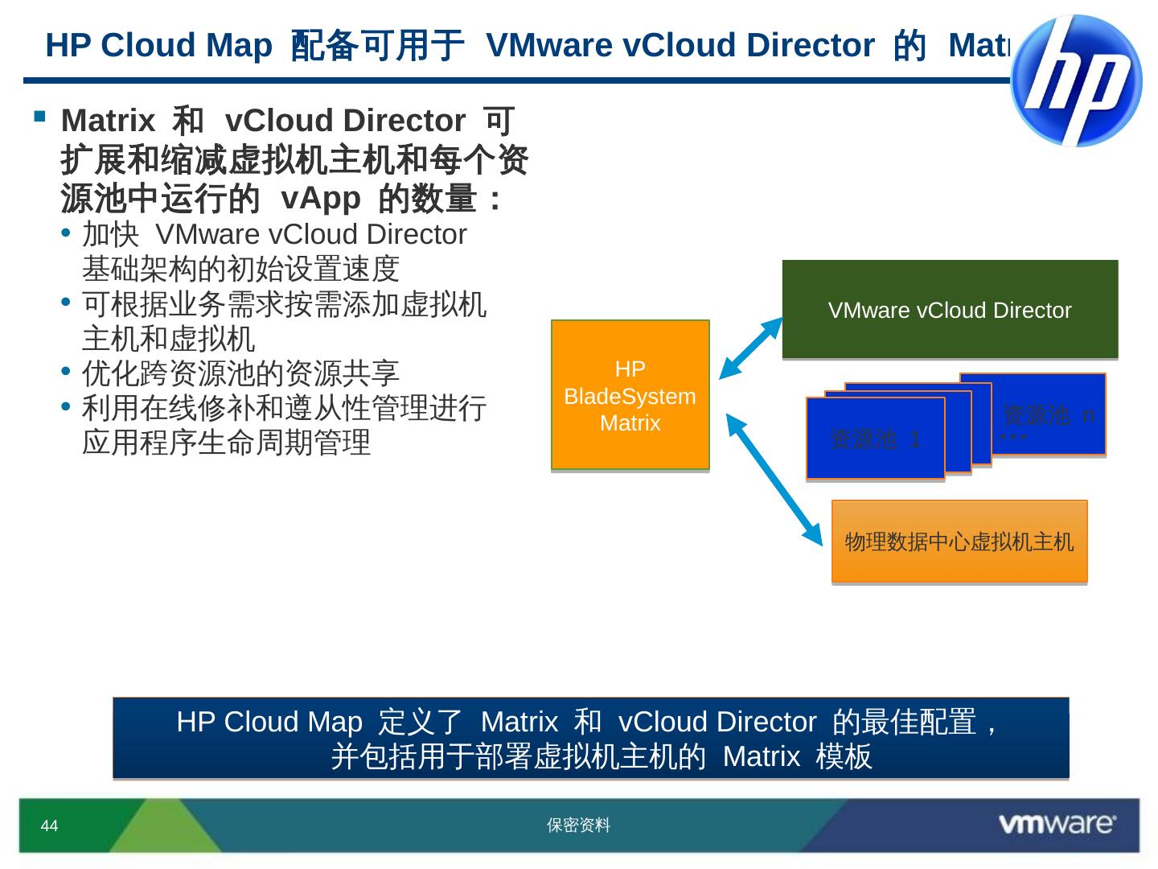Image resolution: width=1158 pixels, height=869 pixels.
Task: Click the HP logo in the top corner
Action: [1076, 80]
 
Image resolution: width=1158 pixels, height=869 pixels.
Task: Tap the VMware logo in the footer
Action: [1056, 824]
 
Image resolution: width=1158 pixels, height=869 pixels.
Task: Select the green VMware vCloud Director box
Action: [950, 309]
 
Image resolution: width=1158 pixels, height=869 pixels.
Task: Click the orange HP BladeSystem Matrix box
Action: [630, 395]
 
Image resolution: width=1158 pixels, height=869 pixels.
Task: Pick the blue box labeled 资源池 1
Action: [875, 439]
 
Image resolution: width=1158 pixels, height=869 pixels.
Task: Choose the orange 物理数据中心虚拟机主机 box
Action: [959, 542]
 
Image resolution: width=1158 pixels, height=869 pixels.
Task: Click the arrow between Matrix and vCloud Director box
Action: [750, 348]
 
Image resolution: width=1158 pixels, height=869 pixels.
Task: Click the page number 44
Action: [49, 826]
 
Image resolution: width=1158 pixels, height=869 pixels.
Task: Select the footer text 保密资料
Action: [578, 825]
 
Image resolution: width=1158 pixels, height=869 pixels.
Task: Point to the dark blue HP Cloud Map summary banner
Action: [590, 738]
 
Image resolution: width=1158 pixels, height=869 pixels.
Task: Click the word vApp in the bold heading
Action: [320, 198]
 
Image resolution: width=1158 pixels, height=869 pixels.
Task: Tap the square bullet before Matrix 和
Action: [39, 117]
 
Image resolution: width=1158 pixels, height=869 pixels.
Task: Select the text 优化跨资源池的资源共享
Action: [240, 373]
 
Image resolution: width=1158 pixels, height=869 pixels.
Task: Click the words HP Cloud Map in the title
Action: [158, 45]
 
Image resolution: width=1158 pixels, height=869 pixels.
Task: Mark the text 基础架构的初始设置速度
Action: [240, 269]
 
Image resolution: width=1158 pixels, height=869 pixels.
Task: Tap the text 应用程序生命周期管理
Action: [226, 443]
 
